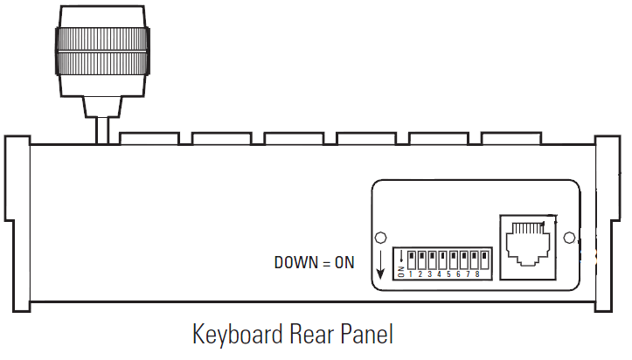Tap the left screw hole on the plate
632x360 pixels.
381,239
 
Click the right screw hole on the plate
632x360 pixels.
569,238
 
